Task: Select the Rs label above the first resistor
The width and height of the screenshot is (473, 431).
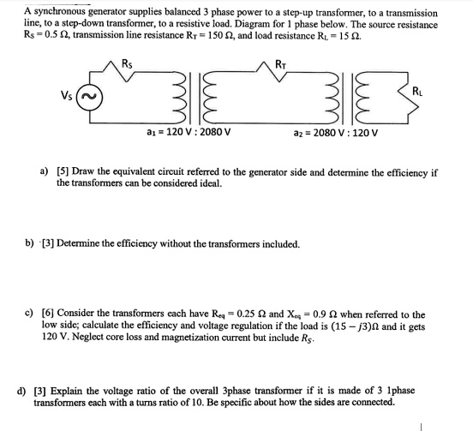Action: (129, 61)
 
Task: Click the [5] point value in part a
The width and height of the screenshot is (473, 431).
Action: (62, 172)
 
